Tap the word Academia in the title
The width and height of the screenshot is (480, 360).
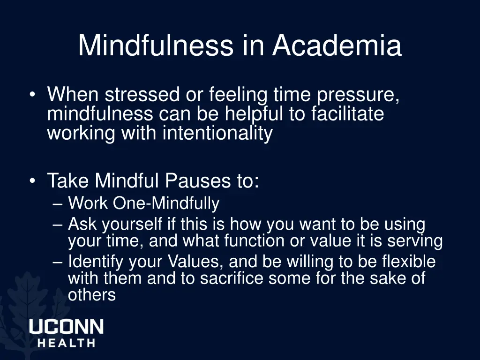[337, 45]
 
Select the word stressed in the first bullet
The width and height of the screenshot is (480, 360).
[141, 95]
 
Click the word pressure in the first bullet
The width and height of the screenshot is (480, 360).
[358, 96]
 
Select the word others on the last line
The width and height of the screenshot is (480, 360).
[91, 295]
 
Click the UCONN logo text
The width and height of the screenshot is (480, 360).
[66, 327]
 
